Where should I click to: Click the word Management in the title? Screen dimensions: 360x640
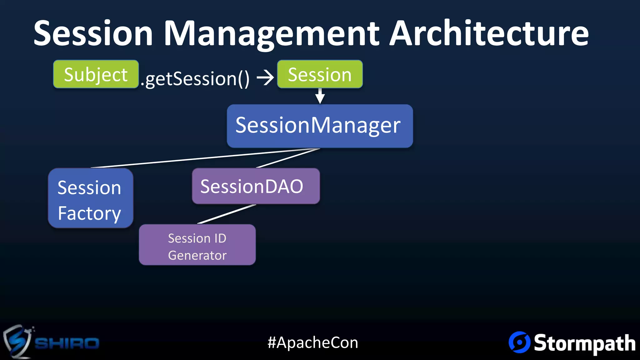point(271,34)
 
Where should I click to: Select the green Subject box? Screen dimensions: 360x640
point(96,74)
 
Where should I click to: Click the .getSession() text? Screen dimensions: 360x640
point(195,78)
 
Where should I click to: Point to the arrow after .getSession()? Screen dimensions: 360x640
point(265,78)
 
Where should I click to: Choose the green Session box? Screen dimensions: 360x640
point(320,74)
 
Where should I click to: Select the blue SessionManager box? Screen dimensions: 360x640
point(320,126)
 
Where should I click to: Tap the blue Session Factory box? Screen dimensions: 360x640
point(91,198)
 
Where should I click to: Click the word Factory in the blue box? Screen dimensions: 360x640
point(89,213)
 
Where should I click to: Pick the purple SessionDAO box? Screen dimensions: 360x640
point(256,186)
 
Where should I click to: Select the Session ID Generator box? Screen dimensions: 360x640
point(197,245)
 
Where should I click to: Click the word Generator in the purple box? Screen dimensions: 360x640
point(197,255)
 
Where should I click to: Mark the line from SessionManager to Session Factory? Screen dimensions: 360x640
point(200,159)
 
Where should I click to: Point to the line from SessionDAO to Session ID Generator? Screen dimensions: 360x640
point(227,214)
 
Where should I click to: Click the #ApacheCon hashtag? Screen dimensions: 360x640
point(313,342)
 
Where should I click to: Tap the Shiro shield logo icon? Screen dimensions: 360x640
point(17,342)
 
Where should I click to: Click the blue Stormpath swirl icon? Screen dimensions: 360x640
point(519,342)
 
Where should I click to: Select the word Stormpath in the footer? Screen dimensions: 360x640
point(584,343)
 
